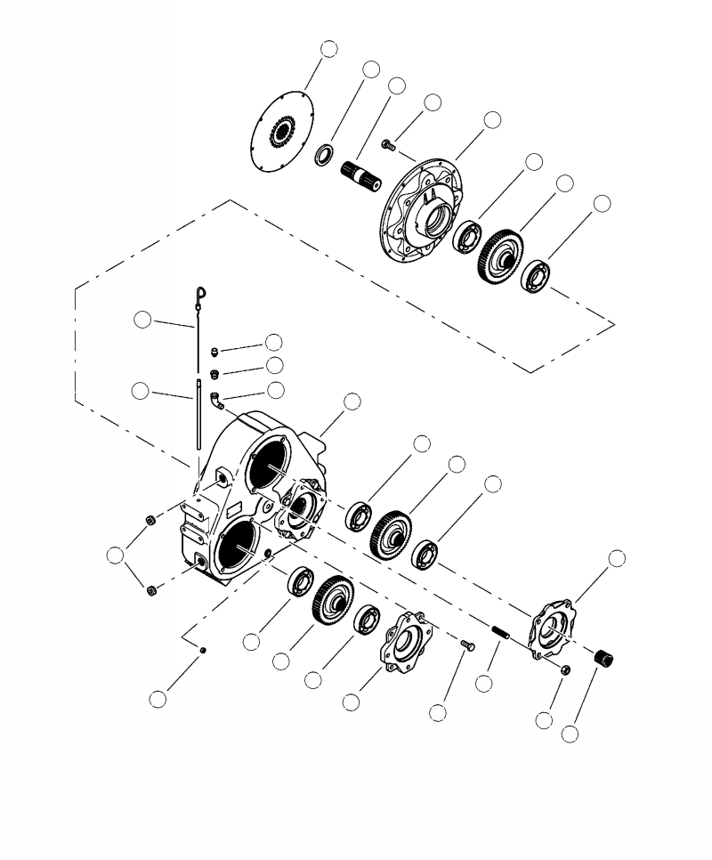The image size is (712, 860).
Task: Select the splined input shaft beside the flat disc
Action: coord(361,173)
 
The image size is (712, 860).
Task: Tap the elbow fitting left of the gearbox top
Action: coord(216,402)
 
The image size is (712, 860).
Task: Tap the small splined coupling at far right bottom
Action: coord(608,661)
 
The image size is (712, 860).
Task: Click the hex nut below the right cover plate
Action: coord(565,670)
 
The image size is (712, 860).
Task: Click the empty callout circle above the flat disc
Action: coord(329,49)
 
